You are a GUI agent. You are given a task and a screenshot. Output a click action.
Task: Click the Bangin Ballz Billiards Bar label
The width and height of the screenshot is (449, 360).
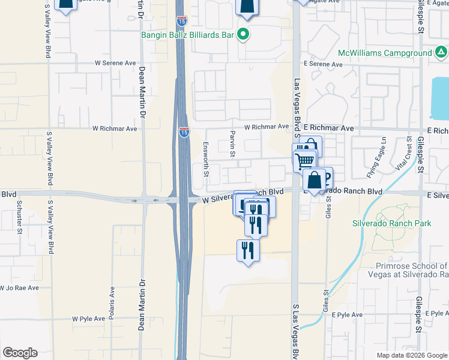[x=187, y=35]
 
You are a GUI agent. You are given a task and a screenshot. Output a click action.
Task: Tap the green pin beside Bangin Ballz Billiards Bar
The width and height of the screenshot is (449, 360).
[x=243, y=35]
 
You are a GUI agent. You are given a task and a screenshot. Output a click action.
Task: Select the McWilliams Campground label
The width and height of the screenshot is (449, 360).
[x=385, y=53]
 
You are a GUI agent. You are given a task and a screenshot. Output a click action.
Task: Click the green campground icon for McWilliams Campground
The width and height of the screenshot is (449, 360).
[x=441, y=53]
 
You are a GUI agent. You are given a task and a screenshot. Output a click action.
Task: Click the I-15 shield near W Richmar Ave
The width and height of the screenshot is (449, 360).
[x=184, y=131]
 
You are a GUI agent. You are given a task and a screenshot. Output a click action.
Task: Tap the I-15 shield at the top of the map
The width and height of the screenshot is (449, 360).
[x=181, y=22]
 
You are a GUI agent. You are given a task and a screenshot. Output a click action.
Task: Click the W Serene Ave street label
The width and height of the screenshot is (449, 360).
[x=115, y=62]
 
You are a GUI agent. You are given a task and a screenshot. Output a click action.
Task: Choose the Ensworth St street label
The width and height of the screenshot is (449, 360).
[x=206, y=159]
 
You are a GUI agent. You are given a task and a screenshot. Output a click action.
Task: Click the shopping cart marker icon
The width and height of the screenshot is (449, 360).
[x=305, y=160]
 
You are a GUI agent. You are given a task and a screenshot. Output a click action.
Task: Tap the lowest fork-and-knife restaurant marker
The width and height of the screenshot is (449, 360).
[x=249, y=250]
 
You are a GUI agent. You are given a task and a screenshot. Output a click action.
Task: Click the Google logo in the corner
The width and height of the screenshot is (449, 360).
[x=20, y=353]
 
